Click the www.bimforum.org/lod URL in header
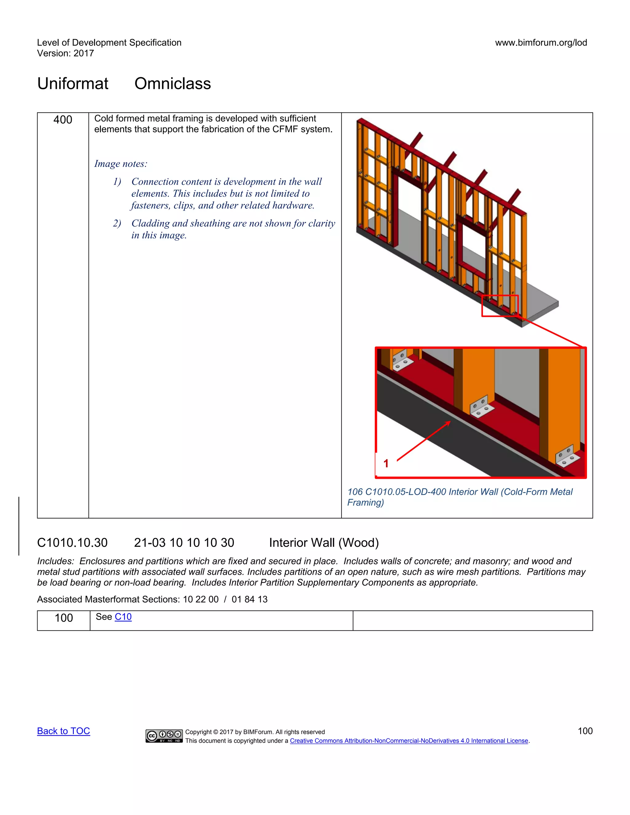(x=541, y=42)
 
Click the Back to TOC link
(x=63, y=731)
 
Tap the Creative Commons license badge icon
(x=164, y=736)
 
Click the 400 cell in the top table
(x=63, y=120)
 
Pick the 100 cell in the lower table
(x=64, y=618)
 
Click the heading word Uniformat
(x=73, y=84)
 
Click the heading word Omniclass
(x=173, y=84)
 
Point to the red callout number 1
(x=386, y=463)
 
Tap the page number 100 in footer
(x=585, y=731)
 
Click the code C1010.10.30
(x=72, y=543)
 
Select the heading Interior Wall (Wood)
(x=324, y=543)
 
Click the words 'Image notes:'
(x=121, y=164)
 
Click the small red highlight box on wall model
(x=500, y=306)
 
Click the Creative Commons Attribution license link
(x=409, y=741)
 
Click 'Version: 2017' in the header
(x=65, y=54)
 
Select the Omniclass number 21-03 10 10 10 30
(x=184, y=543)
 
